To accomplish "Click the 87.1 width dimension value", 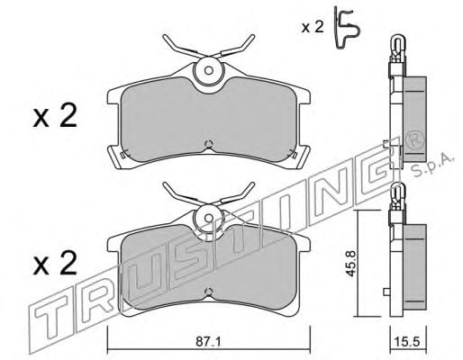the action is pyautogui.click(x=208, y=342).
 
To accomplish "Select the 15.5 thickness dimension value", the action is pyautogui.click(x=408, y=342).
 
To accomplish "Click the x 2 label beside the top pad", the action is pyautogui.click(x=55, y=116).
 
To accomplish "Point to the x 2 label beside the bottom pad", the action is pyautogui.click(x=55, y=263).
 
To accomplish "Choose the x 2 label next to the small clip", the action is pyautogui.click(x=313, y=28).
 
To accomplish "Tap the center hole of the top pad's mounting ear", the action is pyautogui.click(x=208, y=70).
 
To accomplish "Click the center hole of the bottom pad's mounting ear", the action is pyautogui.click(x=208, y=218).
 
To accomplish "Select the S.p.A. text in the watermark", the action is pyautogui.click(x=431, y=166).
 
